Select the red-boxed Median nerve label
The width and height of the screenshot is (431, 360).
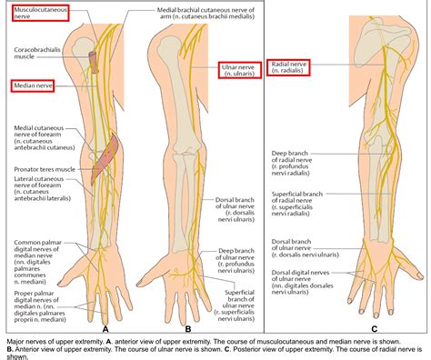33,86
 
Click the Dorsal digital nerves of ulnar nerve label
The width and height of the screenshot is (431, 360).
296,275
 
